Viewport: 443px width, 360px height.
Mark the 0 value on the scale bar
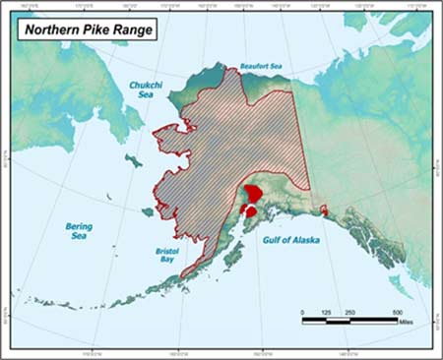[303, 311]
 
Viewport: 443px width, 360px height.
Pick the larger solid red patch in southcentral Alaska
[253, 193]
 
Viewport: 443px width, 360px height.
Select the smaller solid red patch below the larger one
[251, 210]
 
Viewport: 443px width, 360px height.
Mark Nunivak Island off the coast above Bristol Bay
[149, 210]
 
